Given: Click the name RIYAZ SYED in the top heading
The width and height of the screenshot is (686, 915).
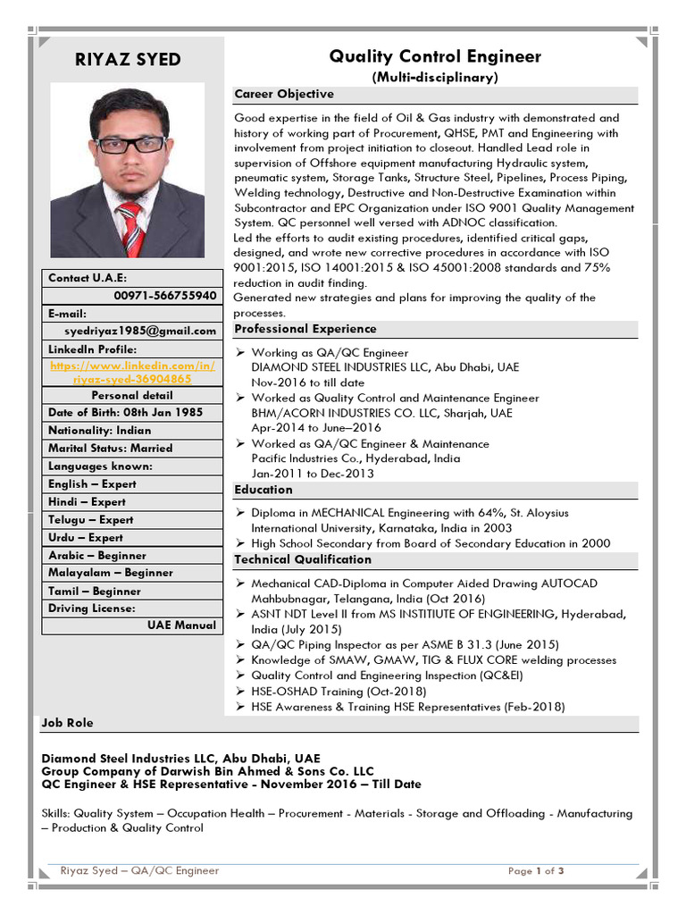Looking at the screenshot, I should point(128,60).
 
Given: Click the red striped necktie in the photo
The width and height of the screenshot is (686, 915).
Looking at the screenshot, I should point(131,228).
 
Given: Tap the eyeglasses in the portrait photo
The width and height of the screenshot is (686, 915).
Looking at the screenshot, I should point(130,144).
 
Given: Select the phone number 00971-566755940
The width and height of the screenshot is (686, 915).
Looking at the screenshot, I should point(164,295).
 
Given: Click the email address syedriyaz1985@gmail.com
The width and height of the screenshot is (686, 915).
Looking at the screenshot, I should point(155,331).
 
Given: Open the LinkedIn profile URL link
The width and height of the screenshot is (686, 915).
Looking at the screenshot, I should point(131,373).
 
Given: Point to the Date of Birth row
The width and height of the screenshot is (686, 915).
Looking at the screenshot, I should point(125,412).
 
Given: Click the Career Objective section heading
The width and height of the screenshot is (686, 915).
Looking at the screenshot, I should point(284,94).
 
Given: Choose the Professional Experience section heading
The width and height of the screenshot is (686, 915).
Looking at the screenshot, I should point(305,329).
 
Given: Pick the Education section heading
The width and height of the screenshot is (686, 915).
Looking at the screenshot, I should point(264,490).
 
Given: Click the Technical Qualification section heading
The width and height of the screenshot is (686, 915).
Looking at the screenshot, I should point(303,559).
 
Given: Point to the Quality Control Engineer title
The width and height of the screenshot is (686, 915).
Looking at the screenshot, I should point(435,57).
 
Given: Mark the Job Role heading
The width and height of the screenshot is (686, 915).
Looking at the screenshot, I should point(67,722).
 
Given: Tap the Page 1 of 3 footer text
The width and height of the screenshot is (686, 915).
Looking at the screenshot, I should point(536,871).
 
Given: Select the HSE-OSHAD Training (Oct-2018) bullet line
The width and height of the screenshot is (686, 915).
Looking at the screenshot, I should point(339,691).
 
